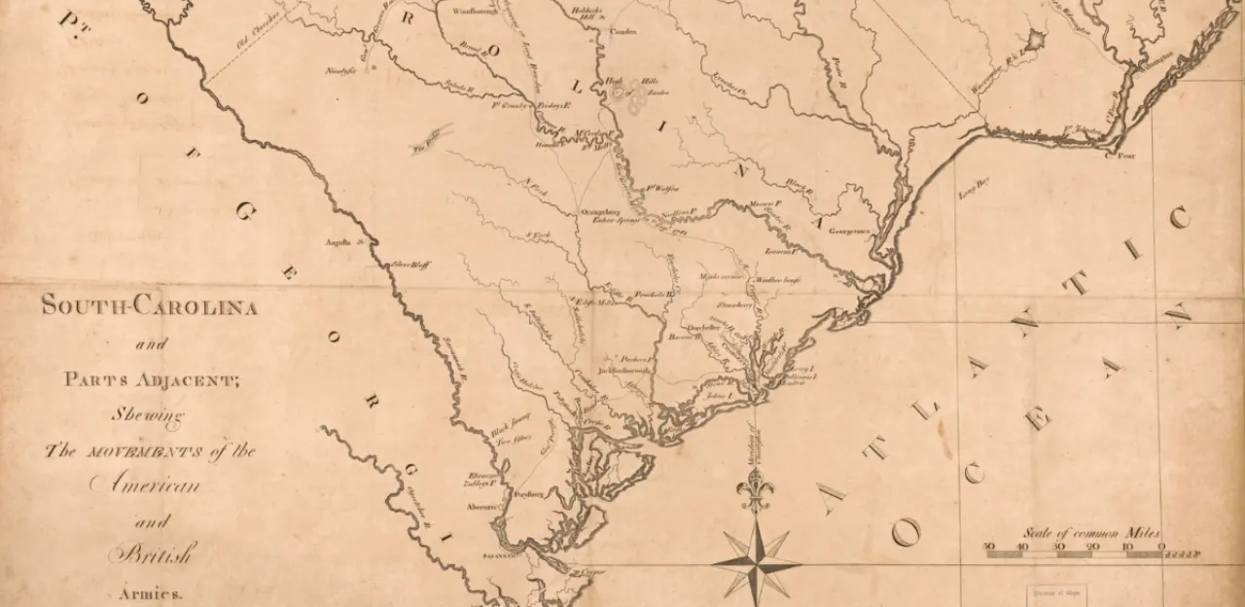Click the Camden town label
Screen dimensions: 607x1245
click(622, 31)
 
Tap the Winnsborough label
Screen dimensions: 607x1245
click(476, 13)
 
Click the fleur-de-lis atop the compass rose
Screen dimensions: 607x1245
click(755, 490)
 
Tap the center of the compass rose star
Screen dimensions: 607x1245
click(756, 562)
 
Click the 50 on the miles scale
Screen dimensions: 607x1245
click(988, 548)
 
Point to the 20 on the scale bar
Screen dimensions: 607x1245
click(1093, 548)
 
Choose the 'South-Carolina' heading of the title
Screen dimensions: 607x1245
click(149, 308)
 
